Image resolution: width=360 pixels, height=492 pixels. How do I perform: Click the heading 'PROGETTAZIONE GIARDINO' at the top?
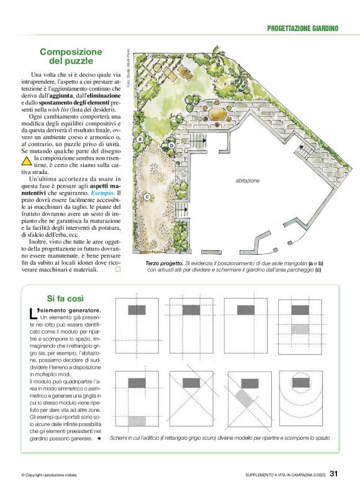pos(302,28)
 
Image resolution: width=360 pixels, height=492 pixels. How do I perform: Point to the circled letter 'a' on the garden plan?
pos(141,138)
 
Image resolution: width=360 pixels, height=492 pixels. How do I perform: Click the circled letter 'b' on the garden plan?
pos(171,146)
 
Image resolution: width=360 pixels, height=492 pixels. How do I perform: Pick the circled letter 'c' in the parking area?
pos(147,198)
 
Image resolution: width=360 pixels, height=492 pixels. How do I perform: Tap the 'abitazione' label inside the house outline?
pos(248,181)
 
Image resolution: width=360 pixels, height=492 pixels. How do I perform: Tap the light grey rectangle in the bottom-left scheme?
pos(137,421)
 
